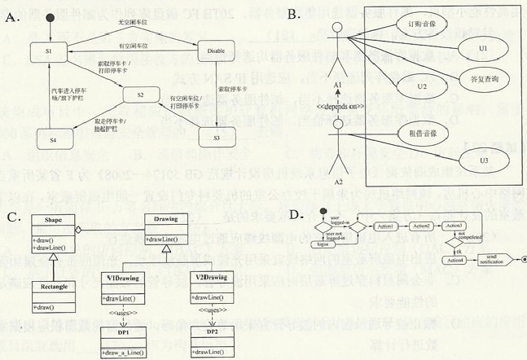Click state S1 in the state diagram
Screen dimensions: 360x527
pyautogui.click(x=48, y=52)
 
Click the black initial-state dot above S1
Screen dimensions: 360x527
pyautogui.click(x=50, y=18)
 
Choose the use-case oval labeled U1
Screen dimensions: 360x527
pyautogui.click(x=483, y=49)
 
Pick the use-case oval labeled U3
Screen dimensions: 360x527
pyautogui.click(x=484, y=160)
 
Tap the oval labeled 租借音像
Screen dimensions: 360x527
pyautogui.click(x=420, y=133)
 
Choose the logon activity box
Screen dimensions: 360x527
pyautogui.click(x=323, y=242)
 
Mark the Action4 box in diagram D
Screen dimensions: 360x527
pyautogui.click(x=457, y=260)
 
